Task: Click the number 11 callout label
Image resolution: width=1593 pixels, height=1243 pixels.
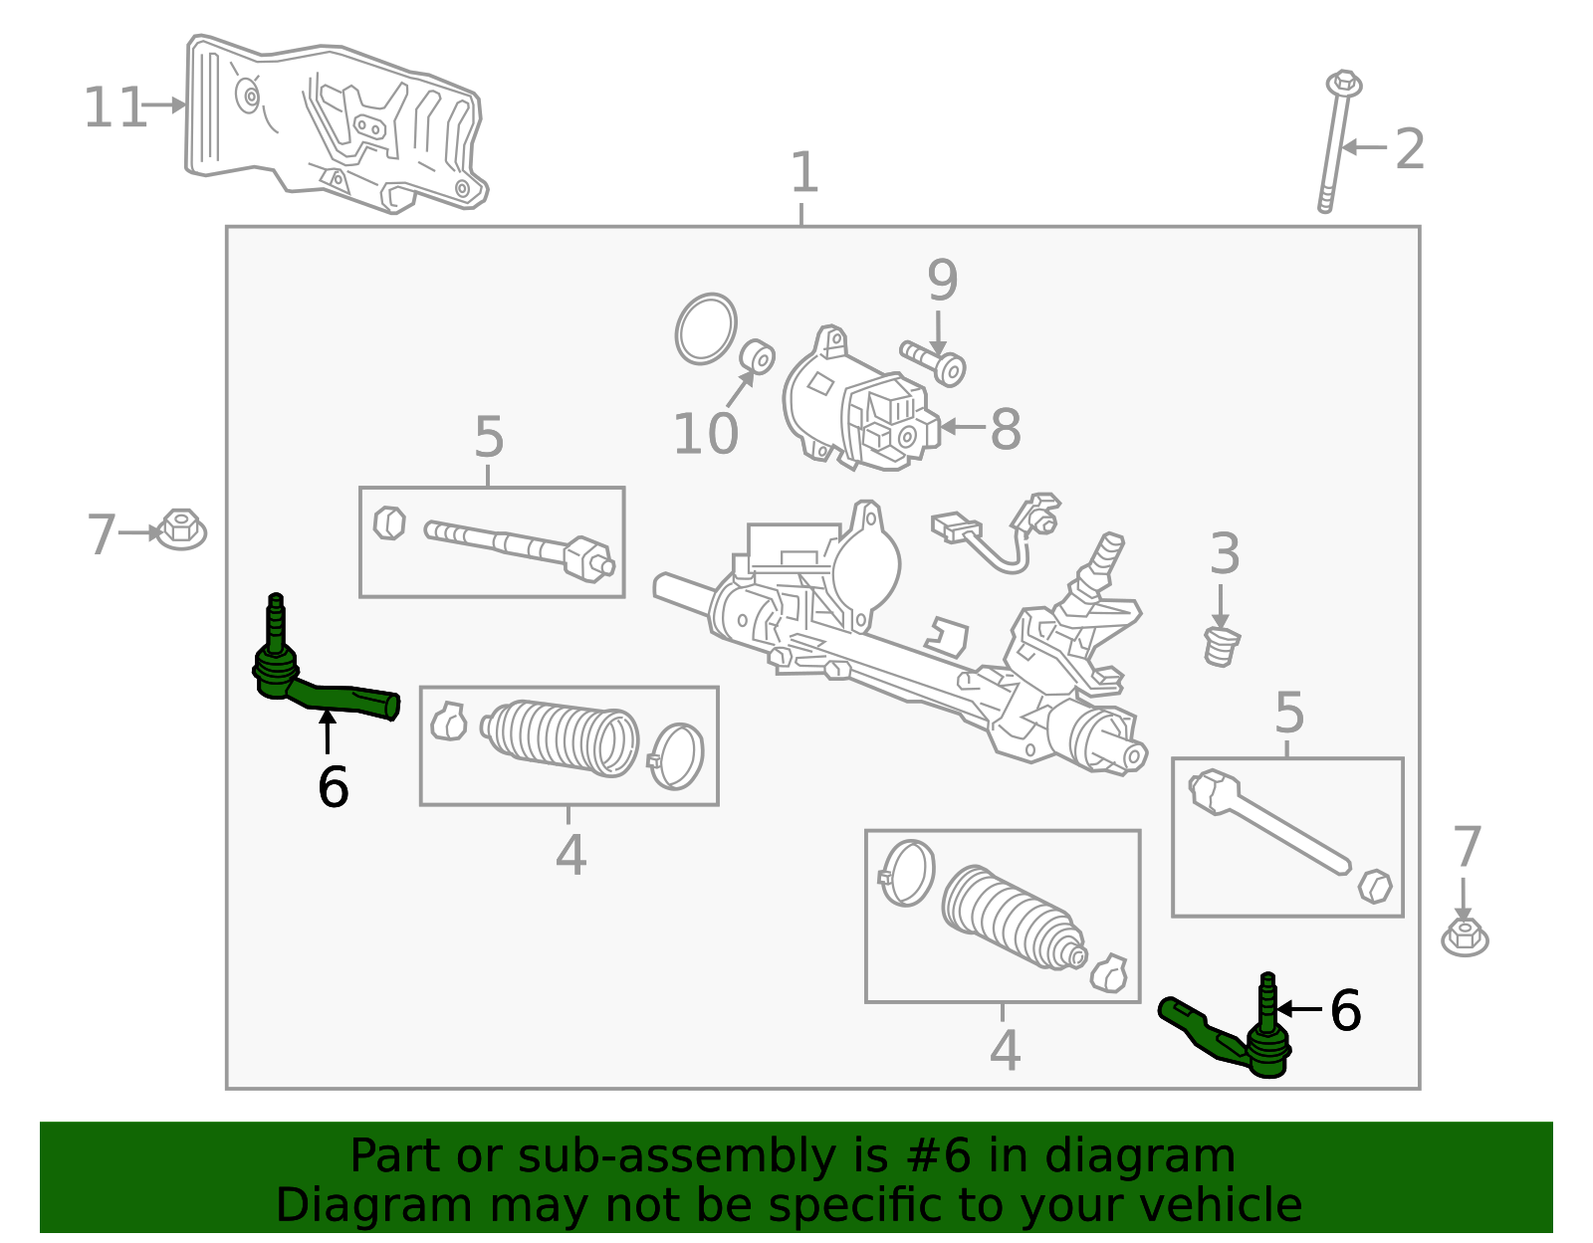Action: (x=115, y=107)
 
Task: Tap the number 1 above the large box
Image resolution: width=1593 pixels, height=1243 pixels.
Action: (x=803, y=173)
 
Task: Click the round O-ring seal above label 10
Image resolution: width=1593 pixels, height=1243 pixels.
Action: (x=706, y=328)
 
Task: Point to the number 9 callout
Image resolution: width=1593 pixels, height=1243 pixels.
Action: (x=942, y=281)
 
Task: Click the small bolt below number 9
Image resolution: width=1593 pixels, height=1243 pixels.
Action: (x=934, y=361)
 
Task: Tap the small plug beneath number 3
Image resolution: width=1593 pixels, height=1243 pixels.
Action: (x=1221, y=647)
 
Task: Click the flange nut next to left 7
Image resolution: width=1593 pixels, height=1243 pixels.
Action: (x=181, y=529)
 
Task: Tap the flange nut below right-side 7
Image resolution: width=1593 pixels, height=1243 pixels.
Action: (x=1465, y=936)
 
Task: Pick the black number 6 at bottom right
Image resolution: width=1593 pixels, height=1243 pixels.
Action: (x=1345, y=1011)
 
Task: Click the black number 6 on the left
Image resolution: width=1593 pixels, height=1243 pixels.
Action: (x=333, y=787)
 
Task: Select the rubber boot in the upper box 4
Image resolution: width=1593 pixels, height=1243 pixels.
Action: (x=563, y=741)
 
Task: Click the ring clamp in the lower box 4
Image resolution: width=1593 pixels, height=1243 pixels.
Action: (x=907, y=873)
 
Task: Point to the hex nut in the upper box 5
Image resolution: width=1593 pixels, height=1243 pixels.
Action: (x=388, y=522)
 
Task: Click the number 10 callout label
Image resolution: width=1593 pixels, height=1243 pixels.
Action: (x=705, y=434)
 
